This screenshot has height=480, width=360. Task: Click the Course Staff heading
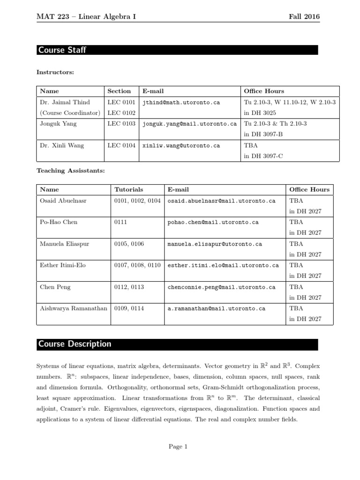click(62, 50)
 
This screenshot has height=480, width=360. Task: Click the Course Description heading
click(75, 344)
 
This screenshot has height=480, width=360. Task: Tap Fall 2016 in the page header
click(304, 17)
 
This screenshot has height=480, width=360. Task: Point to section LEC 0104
click(121, 146)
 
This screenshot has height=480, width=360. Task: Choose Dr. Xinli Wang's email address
click(181, 146)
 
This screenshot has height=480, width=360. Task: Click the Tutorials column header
click(129, 189)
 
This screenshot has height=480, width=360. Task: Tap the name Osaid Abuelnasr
click(64, 200)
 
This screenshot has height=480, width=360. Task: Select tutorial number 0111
click(121, 222)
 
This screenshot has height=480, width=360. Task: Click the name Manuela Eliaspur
click(64, 244)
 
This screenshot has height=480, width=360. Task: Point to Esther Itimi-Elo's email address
click(223, 265)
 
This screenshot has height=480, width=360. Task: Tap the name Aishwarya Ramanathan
click(74, 308)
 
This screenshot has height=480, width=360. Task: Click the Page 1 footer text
click(178, 447)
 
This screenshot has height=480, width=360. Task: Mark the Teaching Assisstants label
click(70, 171)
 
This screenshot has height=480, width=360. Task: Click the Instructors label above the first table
click(55, 72)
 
